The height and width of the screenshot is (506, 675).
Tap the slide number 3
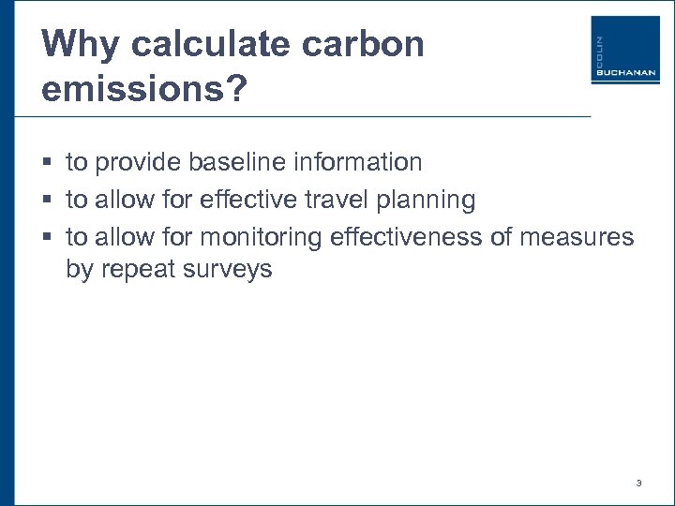pyautogui.click(x=638, y=484)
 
